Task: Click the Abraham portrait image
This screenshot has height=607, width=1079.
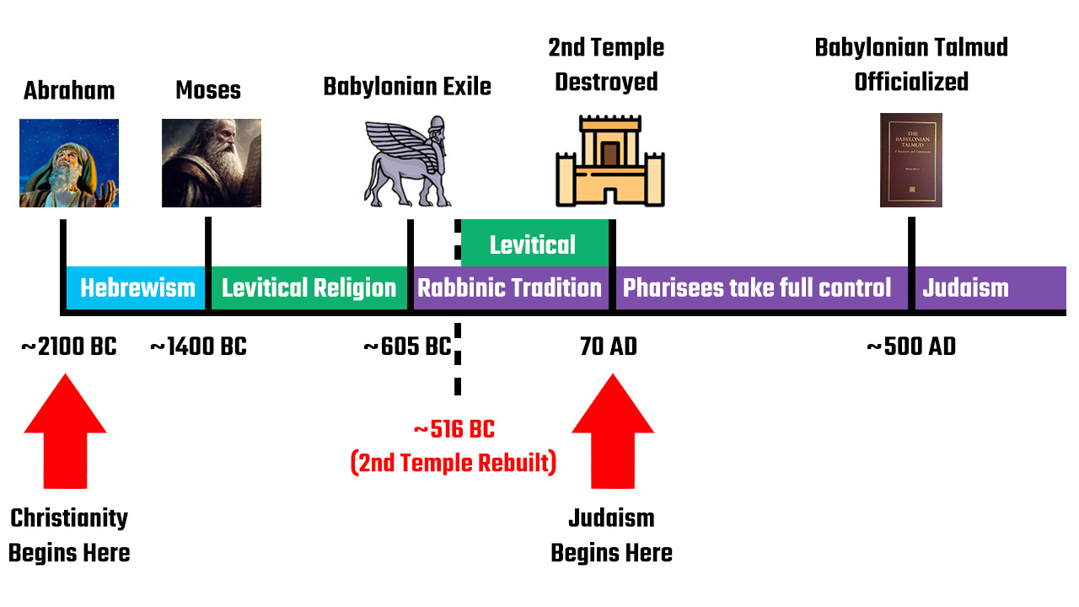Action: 69,163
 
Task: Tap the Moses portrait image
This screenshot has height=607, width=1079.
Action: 211,163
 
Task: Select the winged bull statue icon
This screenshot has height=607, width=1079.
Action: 407,163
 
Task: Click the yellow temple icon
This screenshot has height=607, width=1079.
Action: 610,161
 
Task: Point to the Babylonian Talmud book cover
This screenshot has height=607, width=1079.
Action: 910,160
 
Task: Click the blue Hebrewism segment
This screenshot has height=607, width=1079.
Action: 137,288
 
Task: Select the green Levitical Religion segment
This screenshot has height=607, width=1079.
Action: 309,288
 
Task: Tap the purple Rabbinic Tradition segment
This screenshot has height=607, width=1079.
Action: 510,288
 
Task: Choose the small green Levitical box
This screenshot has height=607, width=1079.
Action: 534,244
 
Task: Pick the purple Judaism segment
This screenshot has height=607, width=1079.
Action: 986,288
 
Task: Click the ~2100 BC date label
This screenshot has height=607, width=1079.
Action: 69,346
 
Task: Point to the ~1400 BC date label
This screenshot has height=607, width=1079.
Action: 198,346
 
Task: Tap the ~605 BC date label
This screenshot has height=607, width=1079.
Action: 407,346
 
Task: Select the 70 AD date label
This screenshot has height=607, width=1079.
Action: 609,346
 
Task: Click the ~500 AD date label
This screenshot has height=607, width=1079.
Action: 911,346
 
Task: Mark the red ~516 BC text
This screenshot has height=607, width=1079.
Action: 454,430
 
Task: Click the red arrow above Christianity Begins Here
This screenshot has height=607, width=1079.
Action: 66,432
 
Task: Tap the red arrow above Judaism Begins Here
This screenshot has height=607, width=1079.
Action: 612,432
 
